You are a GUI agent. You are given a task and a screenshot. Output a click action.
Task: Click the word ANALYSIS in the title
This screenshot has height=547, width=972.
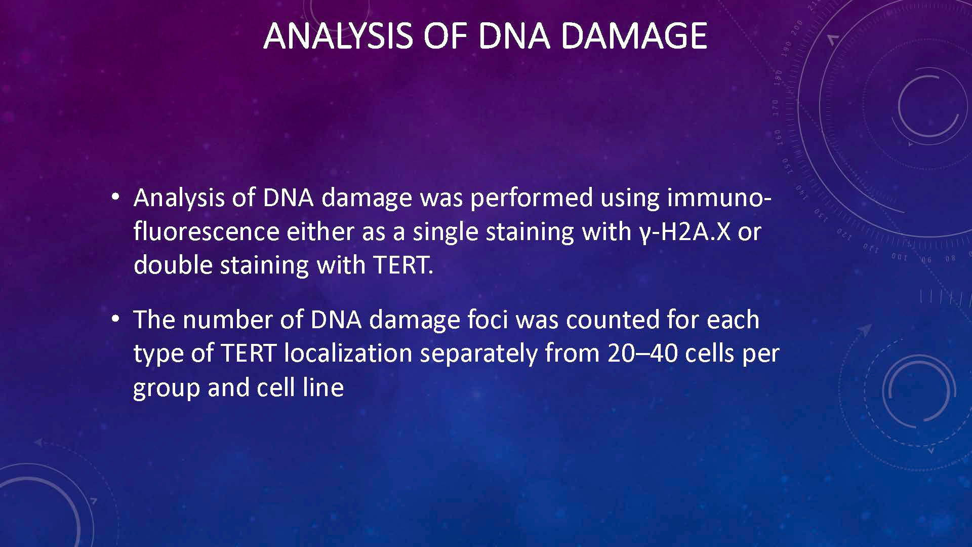338,36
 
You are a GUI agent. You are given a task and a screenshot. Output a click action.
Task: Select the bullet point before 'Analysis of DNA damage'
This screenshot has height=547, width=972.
116,198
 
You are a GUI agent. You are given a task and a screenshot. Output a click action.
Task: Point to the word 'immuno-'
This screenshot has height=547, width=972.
719,197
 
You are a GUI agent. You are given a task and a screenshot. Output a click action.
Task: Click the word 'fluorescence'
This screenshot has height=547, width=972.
207,231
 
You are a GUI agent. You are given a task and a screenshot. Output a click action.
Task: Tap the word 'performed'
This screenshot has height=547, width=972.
532,198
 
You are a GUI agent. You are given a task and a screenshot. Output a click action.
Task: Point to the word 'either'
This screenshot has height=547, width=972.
320,231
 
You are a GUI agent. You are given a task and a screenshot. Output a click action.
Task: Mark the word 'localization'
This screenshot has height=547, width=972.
348,353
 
